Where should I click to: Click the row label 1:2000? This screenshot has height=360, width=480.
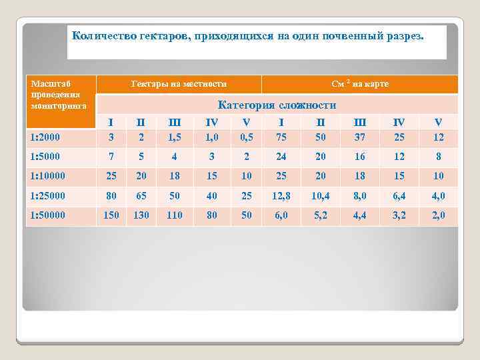point(45,137)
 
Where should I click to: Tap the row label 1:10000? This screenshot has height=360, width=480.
point(48,177)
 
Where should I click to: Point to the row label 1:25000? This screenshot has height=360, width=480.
point(48,197)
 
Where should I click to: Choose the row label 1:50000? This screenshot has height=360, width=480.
point(48,216)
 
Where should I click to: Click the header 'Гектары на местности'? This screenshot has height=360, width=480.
point(179,84)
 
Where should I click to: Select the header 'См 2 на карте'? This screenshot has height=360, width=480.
point(360,84)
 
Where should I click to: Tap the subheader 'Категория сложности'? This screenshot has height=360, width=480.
point(277,105)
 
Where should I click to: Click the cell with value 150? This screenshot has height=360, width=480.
point(111,216)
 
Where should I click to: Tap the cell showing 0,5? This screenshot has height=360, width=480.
point(247,137)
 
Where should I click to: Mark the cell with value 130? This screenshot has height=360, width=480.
point(141,216)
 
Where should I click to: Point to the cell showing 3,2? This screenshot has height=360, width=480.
point(399,216)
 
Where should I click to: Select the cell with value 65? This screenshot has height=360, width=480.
point(141,197)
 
